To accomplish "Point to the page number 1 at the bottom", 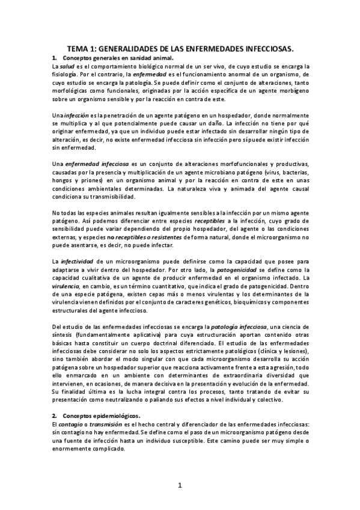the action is pyautogui.click(x=180, y=485).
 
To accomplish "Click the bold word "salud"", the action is pyautogui.click(x=66, y=66).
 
